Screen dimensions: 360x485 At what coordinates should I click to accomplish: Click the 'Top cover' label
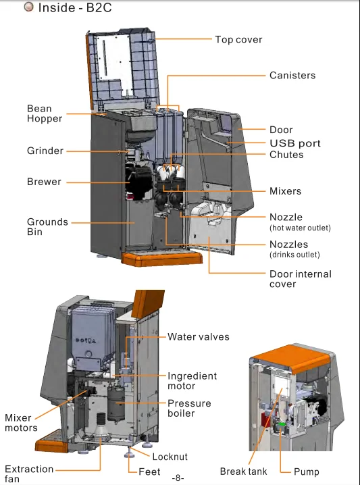[238, 40]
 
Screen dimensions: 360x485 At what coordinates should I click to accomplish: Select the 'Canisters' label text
[292, 75]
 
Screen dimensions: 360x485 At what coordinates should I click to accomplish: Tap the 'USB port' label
[295, 143]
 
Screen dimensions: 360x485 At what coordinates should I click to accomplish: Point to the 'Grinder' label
[45, 151]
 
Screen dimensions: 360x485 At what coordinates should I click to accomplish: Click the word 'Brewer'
[44, 182]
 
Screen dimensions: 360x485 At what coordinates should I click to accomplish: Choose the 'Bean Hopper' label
[45, 113]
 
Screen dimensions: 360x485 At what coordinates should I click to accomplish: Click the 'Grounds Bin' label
[47, 227]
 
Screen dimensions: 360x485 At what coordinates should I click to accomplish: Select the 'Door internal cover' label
[301, 279]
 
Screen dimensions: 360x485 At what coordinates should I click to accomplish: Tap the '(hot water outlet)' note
[300, 228]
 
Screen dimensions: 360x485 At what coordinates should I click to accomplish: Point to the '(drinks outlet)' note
[294, 255]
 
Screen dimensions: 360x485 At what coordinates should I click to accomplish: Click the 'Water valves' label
[199, 336]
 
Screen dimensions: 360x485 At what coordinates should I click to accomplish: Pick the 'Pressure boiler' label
[189, 408]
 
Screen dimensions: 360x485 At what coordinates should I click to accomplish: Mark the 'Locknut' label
[170, 457]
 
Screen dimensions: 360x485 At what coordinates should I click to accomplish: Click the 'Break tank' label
[243, 471]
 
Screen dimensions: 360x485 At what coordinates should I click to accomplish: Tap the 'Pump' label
[306, 471]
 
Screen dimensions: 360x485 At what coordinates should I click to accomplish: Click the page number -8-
[178, 478]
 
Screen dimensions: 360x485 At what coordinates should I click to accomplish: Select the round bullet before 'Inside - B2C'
[28, 7]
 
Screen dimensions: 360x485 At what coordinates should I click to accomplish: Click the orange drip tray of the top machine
[161, 259]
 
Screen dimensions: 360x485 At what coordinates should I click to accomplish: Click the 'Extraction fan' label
[29, 474]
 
